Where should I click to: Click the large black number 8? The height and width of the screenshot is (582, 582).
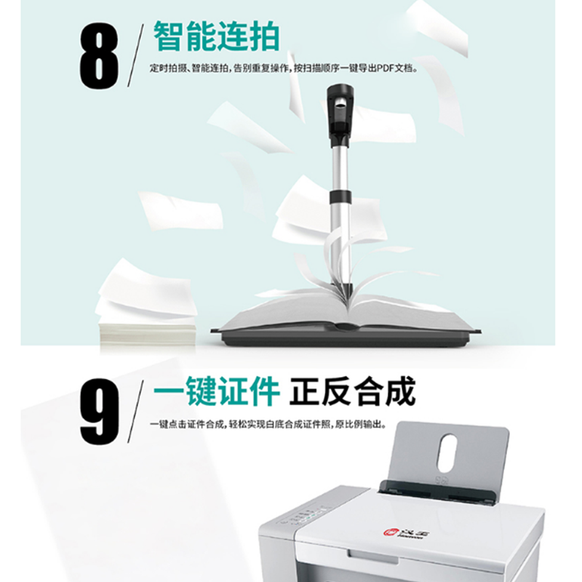coord(99,56)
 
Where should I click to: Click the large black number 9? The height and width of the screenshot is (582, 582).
coord(100,411)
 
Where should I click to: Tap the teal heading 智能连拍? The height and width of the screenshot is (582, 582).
coord(216,36)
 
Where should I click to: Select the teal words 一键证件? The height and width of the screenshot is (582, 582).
coord(216,391)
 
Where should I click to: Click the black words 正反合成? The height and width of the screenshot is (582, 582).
coord(352,391)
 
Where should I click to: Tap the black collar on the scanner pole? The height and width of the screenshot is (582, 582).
coord(340,196)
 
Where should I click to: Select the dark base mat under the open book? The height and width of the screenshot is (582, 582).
coord(345,336)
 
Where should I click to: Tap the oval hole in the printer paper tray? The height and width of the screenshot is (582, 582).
coord(447,453)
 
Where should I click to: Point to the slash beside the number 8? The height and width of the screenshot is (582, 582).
coord(135,56)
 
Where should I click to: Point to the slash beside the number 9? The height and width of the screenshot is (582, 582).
coord(135,411)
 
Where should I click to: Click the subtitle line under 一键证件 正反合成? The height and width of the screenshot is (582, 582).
coord(268,424)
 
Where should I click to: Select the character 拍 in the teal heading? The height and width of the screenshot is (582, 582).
coord(264,36)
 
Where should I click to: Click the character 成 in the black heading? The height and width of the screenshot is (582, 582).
coord(401,391)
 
